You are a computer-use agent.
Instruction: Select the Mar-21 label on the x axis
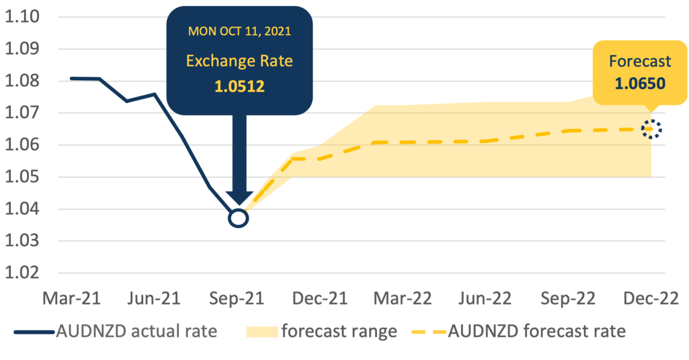[72, 299]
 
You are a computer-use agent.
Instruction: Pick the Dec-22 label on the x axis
[650, 299]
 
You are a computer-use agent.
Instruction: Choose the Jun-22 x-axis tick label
[484, 299]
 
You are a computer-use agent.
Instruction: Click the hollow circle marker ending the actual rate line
[238, 218]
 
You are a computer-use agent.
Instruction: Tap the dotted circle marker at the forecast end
[651, 129]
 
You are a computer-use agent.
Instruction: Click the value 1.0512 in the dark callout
[240, 86]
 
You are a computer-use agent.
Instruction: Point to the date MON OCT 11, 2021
[240, 31]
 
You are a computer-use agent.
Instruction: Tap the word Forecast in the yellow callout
[640, 61]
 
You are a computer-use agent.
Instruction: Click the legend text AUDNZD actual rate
[136, 331]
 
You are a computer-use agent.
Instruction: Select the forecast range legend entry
[339, 331]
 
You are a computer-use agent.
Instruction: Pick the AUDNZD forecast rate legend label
[536, 331]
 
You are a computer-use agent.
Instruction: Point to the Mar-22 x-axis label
[403, 299]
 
